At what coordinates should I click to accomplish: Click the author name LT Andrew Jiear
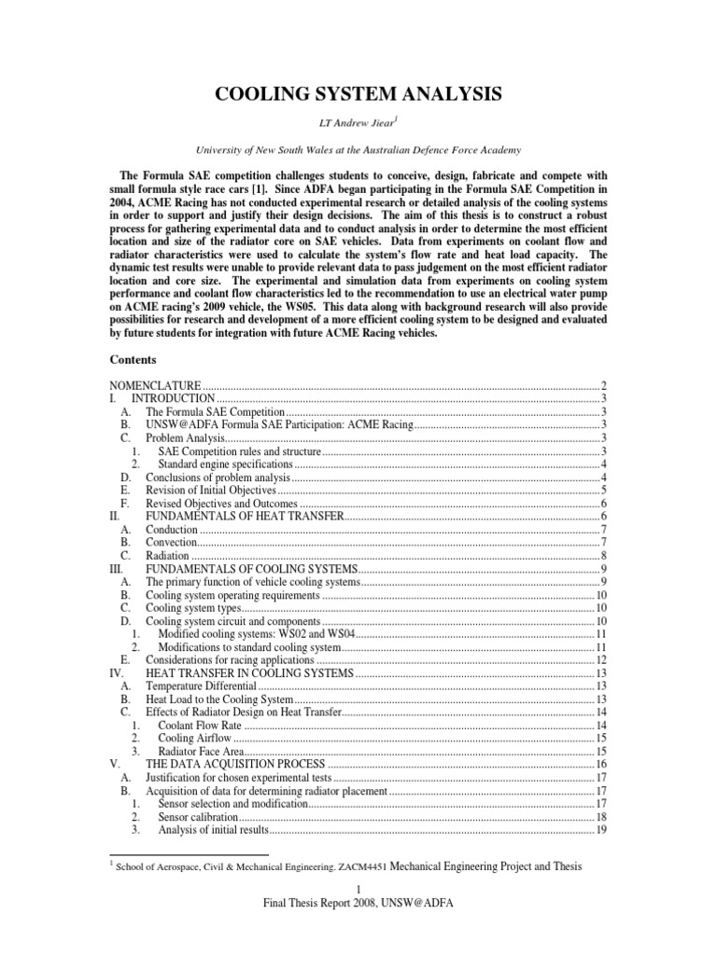tap(358, 125)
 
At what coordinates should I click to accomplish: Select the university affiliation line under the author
tap(358, 149)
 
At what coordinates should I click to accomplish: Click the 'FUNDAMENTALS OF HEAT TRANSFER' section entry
tap(245, 516)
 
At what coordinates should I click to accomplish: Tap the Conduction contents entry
tap(171, 529)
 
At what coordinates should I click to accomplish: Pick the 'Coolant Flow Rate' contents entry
tap(201, 725)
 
